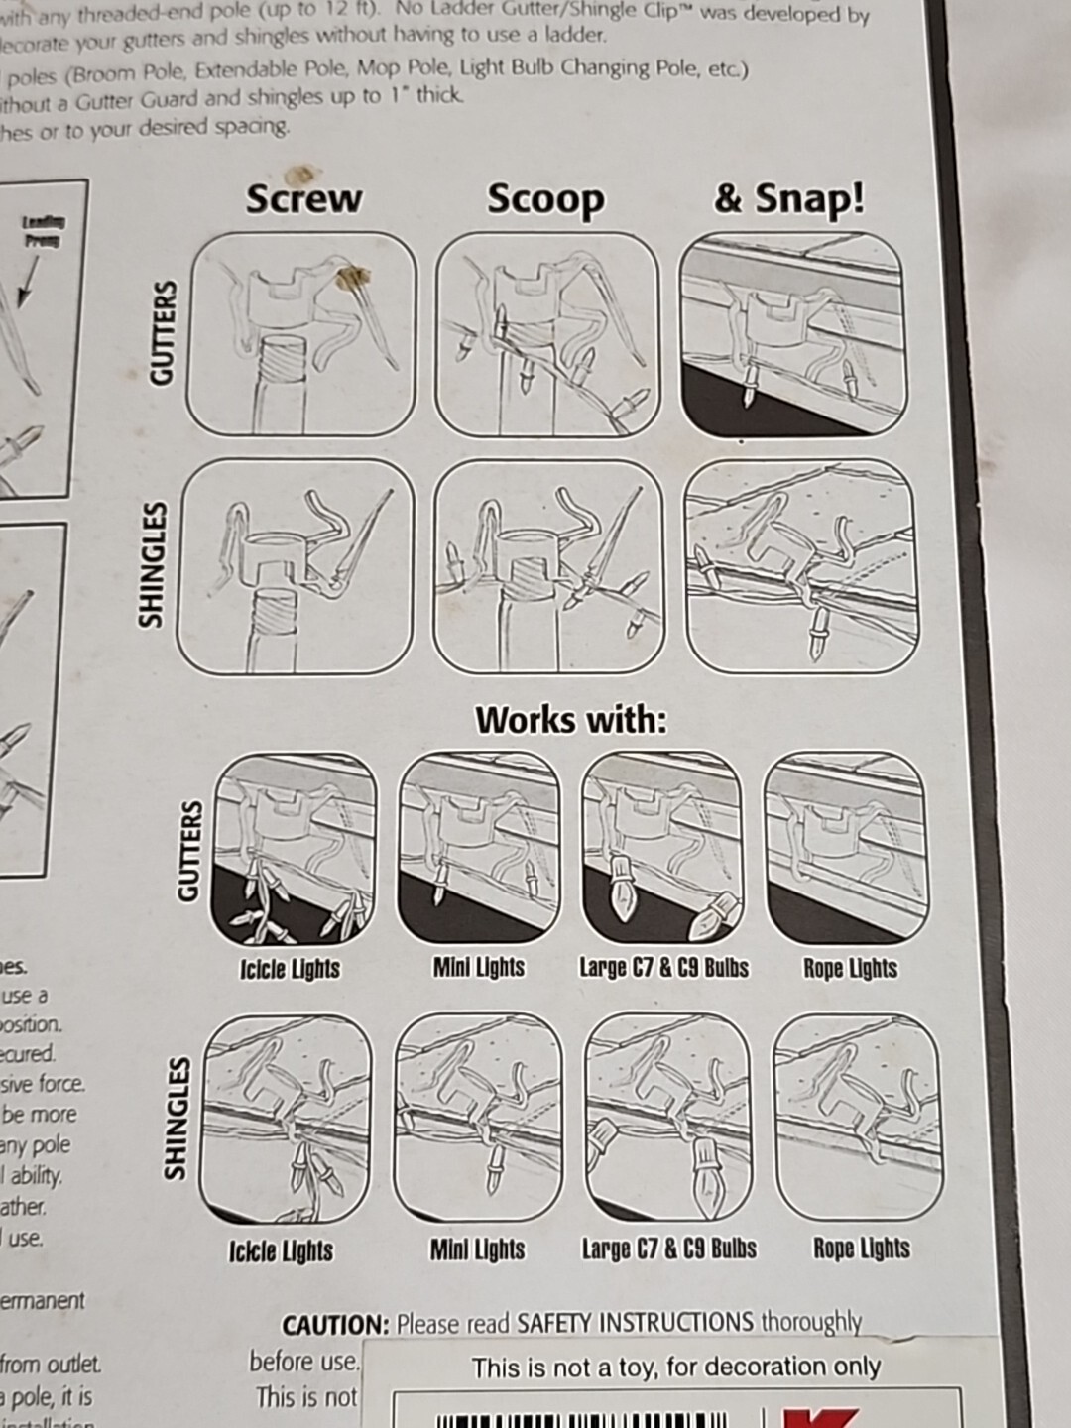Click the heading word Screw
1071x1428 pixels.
point(303,198)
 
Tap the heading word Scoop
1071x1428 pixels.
point(545,199)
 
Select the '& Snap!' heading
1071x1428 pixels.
point(788,197)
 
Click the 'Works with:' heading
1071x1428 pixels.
point(571,719)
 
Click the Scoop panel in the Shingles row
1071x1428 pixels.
point(547,566)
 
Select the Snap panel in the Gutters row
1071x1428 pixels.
point(792,334)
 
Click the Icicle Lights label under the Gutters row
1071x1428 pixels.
point(290,969)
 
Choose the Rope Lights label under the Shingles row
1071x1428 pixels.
point(861,1249)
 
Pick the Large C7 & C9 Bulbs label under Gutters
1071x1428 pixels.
point(663,968)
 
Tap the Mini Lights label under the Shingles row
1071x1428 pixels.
point(477,1249)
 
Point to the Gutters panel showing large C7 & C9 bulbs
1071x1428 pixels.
point(661,848)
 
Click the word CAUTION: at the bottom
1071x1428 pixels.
point(335,1325)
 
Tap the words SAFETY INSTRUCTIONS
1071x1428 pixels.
point(635,1323)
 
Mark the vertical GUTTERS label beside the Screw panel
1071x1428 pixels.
point(162,332)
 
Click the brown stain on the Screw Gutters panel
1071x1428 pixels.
point(349,279)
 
